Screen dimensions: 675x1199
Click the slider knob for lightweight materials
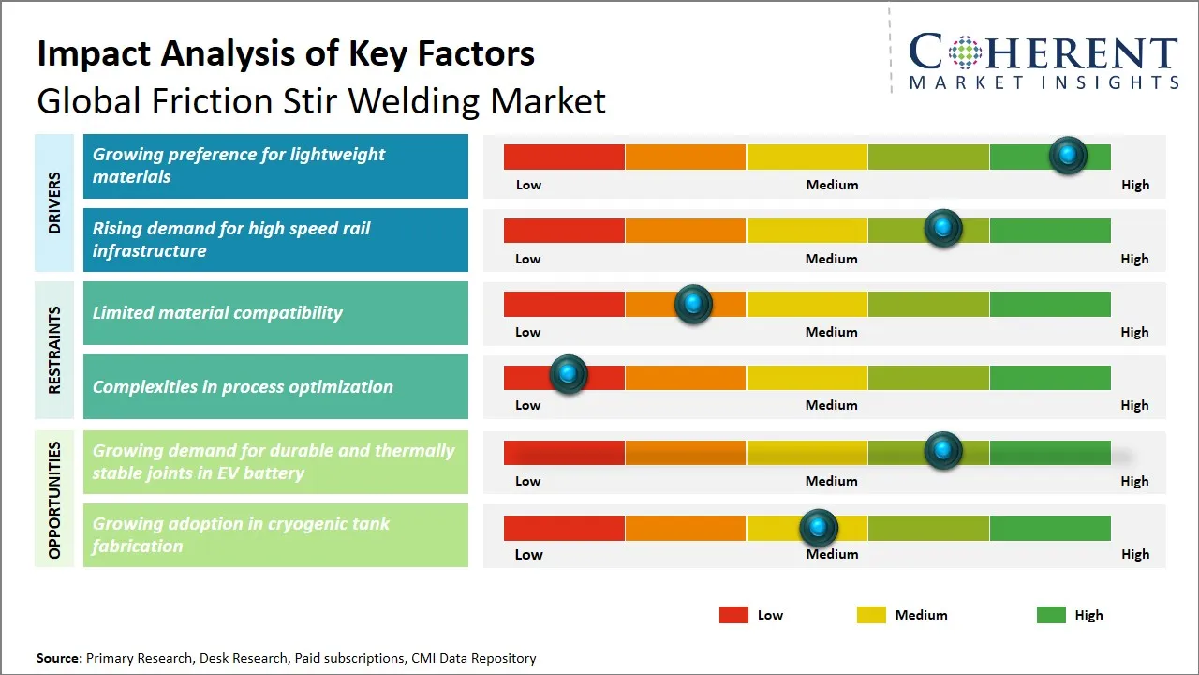(1067, 156)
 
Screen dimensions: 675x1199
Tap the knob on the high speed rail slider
(942, 229)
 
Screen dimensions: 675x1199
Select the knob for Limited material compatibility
(693, 304)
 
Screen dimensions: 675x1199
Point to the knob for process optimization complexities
(568, 375)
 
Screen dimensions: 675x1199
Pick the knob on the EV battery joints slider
(942, 451)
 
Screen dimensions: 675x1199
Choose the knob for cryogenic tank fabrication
(819, 529)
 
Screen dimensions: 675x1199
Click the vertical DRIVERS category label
(54, 202)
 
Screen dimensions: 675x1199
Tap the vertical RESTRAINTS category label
(54, 350)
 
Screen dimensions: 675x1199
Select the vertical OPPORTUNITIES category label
(54, 500)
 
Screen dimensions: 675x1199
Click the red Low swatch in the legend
(733, 615)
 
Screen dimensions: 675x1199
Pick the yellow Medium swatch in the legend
(871, 615)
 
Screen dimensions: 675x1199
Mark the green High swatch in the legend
(1051, 615)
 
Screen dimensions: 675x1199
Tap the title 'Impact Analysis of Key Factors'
(286, 53)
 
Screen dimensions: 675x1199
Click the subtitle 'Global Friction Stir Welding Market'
(321, 100)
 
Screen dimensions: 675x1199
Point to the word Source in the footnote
(58, 658)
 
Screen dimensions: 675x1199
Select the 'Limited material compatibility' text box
(275, 313)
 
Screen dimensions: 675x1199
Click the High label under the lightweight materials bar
(1134, 185)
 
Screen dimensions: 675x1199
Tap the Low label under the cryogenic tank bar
(528, 554)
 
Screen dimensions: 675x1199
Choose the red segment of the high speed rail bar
(564, 231)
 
